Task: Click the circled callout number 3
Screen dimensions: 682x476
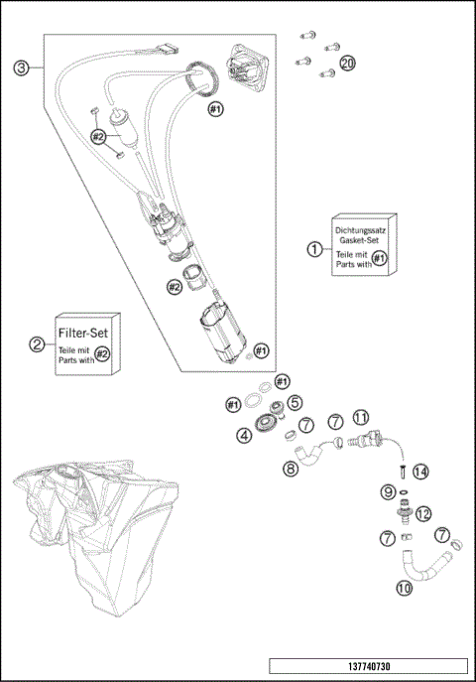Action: (20, 68)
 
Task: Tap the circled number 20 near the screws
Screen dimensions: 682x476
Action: (348, 63)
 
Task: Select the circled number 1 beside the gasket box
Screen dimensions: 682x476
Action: (314, 249)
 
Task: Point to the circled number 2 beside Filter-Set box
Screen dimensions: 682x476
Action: (37, 344)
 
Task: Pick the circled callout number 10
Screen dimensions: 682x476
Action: (405, 588)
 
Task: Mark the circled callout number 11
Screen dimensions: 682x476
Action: (361, 417)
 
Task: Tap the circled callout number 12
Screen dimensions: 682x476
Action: (422, 513)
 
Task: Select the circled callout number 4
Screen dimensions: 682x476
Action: (244, 434)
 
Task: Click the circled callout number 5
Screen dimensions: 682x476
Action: (295, 402)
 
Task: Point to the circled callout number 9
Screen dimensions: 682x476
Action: (388, 491)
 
